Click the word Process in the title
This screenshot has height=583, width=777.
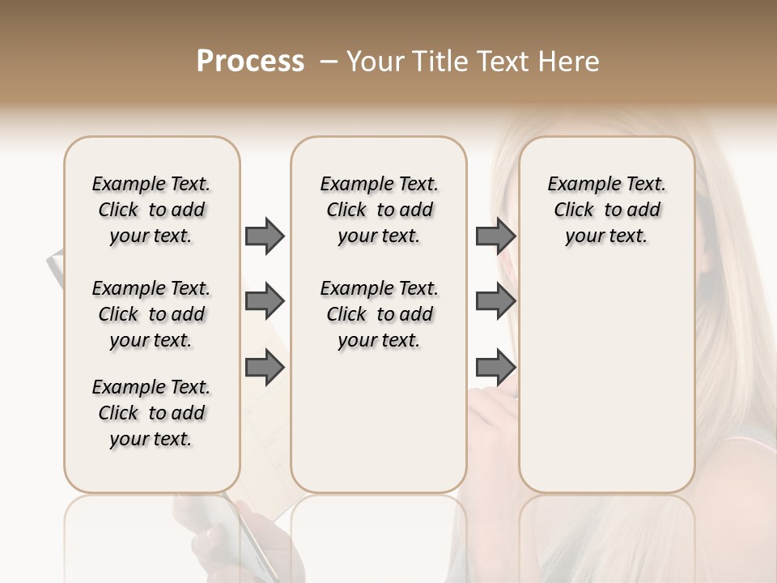click(250, 62)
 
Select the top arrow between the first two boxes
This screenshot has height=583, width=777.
click(265, 236)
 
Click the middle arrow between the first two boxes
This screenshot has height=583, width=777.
click(265, 302)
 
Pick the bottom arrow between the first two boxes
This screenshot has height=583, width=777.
click(265, 368)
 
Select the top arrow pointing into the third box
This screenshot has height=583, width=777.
click(495, 236)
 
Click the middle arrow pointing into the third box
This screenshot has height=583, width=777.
click(495, 302)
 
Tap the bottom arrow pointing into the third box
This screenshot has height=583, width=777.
click(495, 368)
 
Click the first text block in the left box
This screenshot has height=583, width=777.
click(151, 210)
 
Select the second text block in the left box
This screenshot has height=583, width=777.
click(151, 314)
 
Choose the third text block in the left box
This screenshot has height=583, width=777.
click(151, 413)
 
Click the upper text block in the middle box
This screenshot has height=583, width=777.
click(380, 210)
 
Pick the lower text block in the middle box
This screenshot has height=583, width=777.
click(380, 314)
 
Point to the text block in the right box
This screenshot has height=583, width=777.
click(607, 210)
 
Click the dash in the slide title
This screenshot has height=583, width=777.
click(329, 62)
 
